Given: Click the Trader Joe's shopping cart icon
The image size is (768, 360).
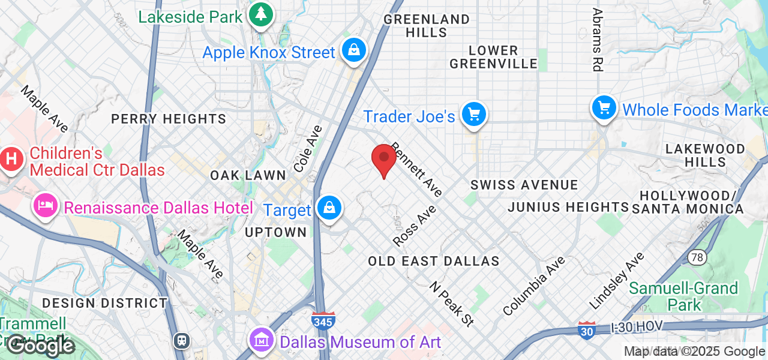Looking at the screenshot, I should pos(474,113).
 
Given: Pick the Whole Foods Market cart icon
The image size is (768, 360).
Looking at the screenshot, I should pos(604,108).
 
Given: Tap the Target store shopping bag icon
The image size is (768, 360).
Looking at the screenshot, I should pos(329,208).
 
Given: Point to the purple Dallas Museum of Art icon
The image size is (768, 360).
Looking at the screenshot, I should pos(262,341).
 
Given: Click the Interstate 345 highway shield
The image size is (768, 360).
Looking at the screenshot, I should pos(323,320).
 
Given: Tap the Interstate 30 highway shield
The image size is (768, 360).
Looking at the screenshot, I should pos(587,330).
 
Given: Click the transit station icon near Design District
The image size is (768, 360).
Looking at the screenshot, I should pos(181,341).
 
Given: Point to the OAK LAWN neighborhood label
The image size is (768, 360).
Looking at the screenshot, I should pos(248,175).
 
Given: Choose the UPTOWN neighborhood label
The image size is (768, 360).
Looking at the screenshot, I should pos(276,232).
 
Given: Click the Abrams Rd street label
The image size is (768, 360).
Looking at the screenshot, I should pos(597,40).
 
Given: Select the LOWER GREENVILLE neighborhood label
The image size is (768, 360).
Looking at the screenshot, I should pos(493,57).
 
